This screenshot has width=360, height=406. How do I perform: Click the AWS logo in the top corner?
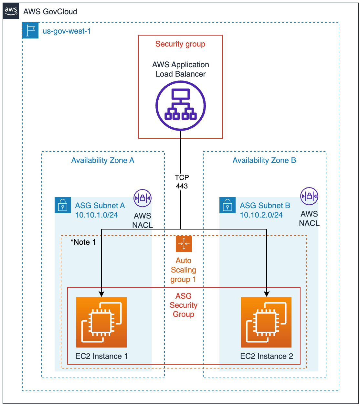click(11, 11)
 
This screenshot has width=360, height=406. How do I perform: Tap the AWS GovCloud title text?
click(50, 12)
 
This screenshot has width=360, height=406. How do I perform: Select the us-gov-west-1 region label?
click(67, 31)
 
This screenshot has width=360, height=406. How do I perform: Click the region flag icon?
click(30, 31)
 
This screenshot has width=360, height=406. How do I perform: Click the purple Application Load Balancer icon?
click(181, 106)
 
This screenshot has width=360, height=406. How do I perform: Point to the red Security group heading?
click(180, 44)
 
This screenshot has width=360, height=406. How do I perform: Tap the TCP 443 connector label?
click(182, 182)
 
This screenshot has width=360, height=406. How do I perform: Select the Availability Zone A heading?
click(103, 160)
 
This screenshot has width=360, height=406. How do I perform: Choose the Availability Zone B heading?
click(264, 160)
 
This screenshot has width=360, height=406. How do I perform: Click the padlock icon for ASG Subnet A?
click(63, 205)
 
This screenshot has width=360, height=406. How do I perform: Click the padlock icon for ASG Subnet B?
click(228, 205)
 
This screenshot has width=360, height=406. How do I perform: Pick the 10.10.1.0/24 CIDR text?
click(96, 215)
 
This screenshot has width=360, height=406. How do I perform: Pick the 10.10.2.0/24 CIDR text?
click(261, 215)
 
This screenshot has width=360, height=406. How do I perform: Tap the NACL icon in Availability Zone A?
click(143, 198)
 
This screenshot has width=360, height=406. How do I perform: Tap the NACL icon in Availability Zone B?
click(309, 196)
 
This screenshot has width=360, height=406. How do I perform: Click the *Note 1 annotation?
click(83, 242)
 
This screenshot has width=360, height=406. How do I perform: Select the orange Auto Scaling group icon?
click(184, 244)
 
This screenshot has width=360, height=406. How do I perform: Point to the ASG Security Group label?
click(184, 305)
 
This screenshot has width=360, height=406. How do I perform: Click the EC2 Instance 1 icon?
click(101, 322)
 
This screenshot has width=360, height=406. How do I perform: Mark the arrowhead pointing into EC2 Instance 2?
click(267, 294)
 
